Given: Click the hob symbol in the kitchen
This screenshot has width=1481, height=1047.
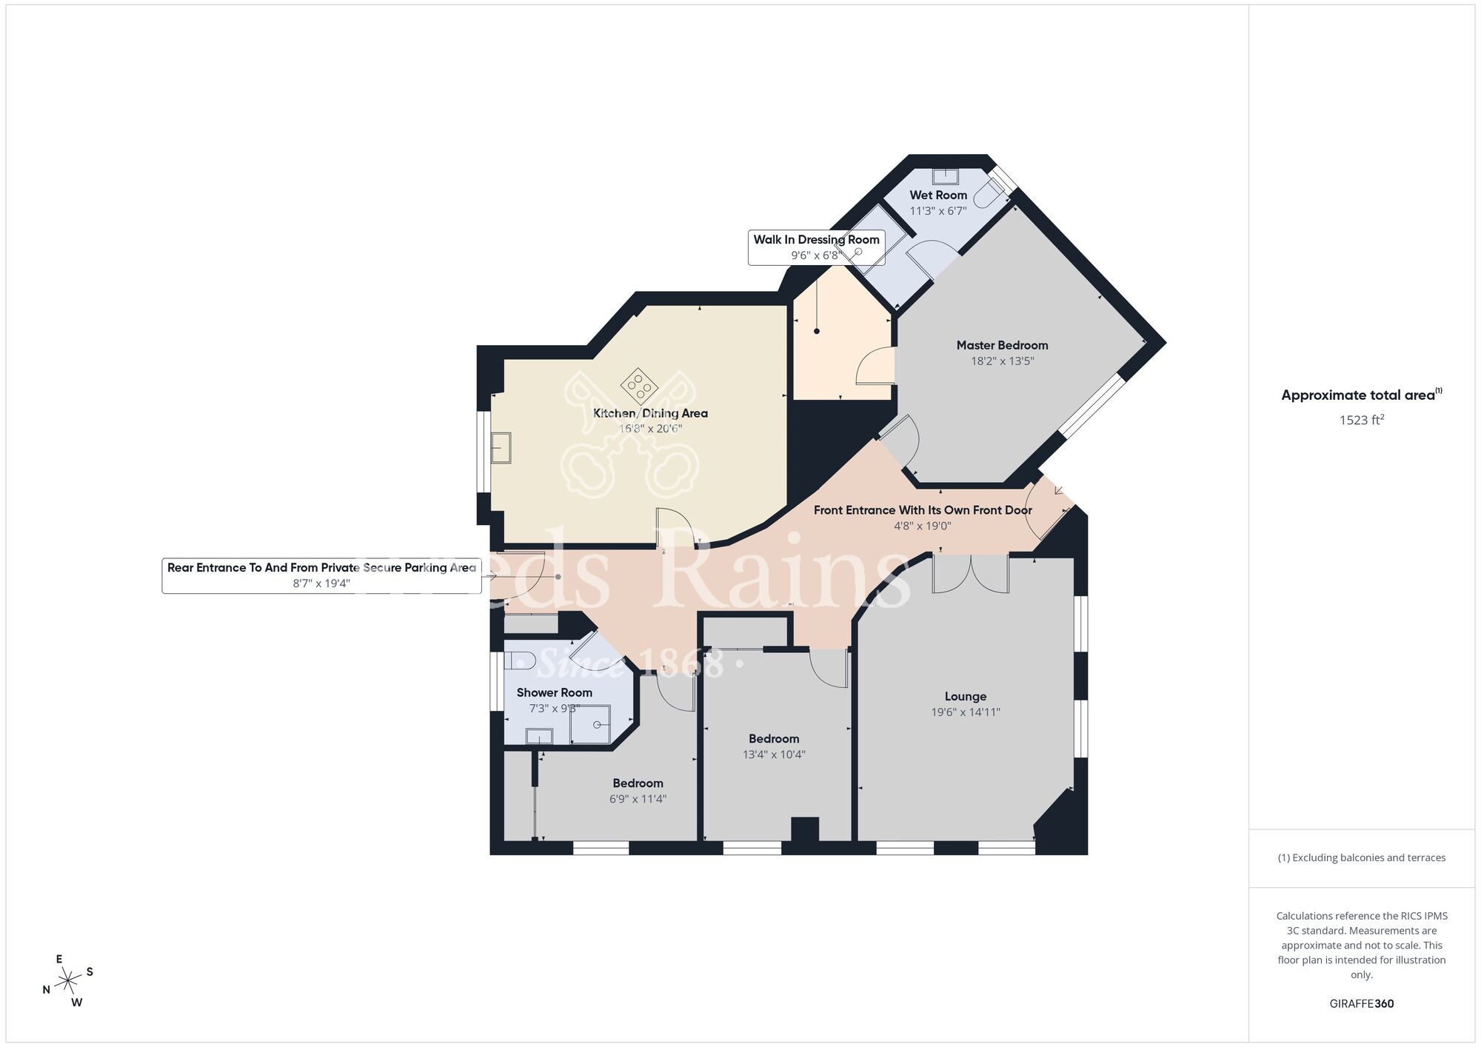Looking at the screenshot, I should click(x=638, y=385).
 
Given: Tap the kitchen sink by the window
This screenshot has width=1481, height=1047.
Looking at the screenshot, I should click(x=501, y=447).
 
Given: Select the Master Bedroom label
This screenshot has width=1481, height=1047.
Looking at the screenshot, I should click(x=1002, y=345).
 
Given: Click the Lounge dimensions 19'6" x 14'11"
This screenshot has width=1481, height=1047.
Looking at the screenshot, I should click(x=965, y=712).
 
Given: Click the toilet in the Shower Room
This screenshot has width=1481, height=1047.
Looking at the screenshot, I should click(x=519, y=660).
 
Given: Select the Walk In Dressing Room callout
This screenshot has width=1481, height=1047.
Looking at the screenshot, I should click(x=816, y=247).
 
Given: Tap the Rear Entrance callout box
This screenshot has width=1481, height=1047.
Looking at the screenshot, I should click(x=321, y=575).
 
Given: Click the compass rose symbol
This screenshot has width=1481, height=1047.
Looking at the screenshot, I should click(x=68, y=981).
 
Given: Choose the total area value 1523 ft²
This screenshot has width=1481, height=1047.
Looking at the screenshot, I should click(x=1361, y=420).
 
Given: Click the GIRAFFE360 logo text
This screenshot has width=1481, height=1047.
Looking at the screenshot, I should click(x=1361, y=1004).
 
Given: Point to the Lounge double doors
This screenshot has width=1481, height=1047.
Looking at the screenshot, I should click(x=970, y=575).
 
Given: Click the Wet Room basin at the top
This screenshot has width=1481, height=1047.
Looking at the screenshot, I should click(x=945, y=176).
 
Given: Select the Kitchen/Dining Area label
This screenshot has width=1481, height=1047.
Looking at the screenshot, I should click(x=650, y=413).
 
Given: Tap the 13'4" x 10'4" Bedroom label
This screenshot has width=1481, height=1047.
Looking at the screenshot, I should click(x=774, y=738).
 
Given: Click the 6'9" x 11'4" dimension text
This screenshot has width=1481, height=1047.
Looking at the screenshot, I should click(x=638, y=799).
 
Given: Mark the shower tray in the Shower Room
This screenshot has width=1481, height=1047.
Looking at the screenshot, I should click(x=590, y=724).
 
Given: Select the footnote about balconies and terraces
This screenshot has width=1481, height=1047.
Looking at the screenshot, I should click(x=1361, y=857).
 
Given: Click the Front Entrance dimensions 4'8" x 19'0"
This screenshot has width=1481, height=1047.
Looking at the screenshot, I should click(x=922, y=526).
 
